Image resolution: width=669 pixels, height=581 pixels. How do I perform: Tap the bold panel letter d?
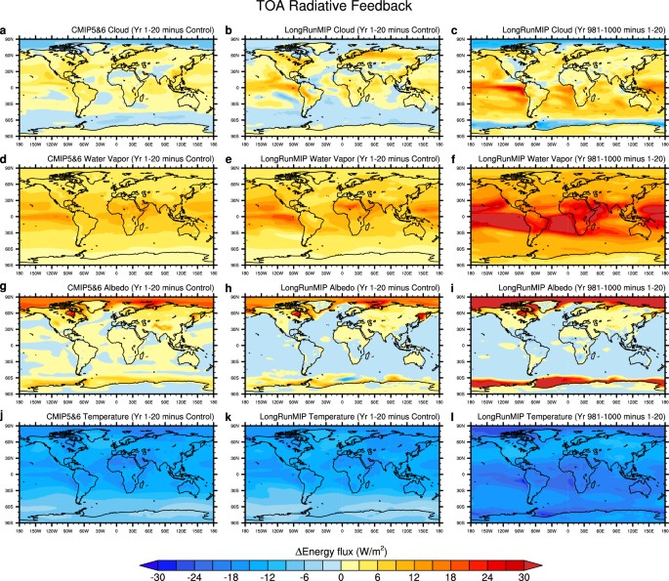6,159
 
